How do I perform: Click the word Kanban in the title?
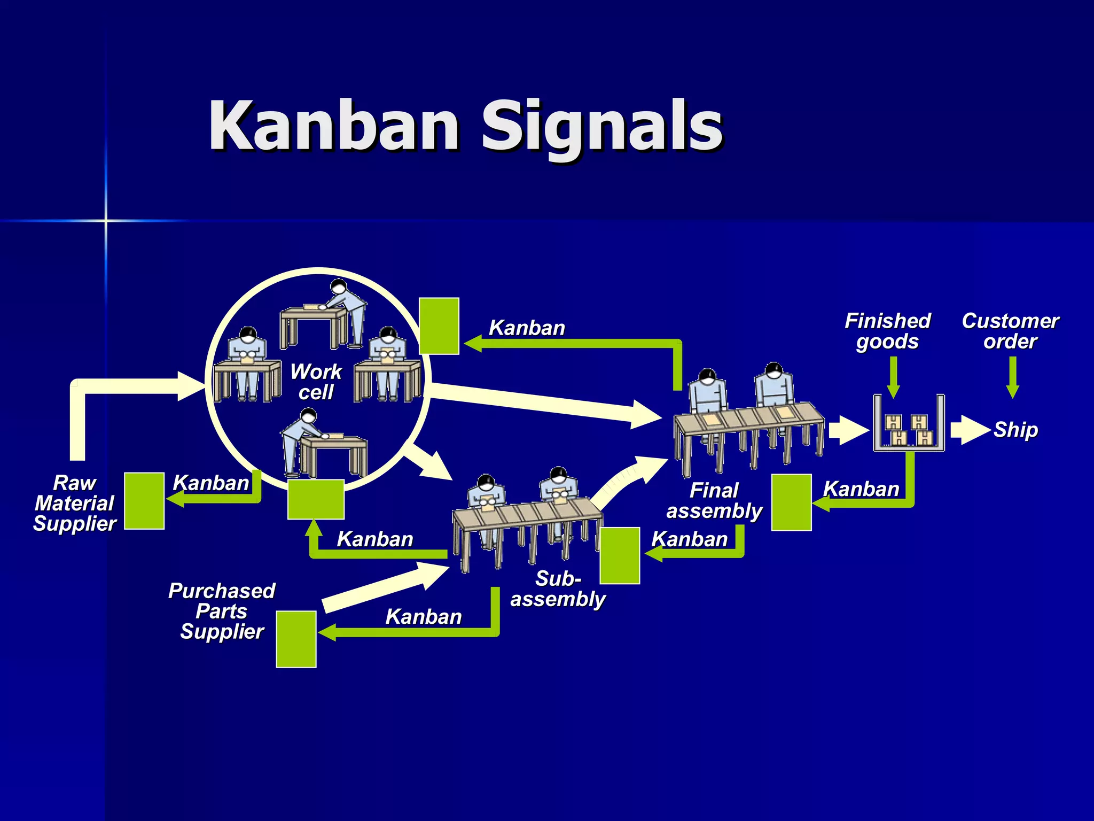334,126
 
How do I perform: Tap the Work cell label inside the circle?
316,382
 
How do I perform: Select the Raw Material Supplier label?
75,503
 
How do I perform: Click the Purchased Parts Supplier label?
222,611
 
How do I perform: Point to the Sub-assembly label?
558,588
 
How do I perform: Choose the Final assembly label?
714,500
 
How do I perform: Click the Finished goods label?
887,331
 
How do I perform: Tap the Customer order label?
1010,331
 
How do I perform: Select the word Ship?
1015,430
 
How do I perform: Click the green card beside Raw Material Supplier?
144,501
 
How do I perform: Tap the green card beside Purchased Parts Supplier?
296,639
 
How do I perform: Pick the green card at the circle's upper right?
439,326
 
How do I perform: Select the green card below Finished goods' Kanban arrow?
791,502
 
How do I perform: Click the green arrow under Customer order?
1012,377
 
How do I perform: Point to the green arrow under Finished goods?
893,377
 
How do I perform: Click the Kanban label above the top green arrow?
527,328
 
